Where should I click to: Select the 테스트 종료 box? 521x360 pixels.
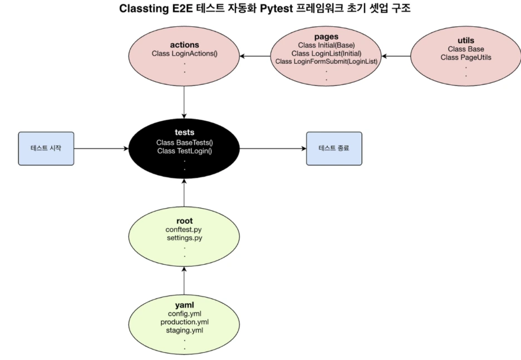(334, 149)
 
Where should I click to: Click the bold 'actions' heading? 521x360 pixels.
(184, 45)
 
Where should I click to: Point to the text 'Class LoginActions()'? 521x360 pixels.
(184, 53)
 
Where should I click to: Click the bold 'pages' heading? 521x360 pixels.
(326, 37)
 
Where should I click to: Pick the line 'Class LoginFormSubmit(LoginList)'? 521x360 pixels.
(327, 61)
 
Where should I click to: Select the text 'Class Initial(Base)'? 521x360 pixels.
(327, 45)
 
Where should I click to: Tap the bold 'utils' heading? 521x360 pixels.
(465, 41)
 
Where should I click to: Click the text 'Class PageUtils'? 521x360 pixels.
(465, 57)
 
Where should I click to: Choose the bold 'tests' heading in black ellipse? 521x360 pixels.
(184, 132)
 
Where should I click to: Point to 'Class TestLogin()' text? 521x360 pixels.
(185, 151)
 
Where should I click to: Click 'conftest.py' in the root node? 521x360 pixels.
(184, 229)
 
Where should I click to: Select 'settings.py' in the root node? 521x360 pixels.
(184, 238)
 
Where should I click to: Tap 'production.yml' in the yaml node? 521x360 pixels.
(184, 322)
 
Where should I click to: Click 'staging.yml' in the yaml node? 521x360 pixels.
(184, 330)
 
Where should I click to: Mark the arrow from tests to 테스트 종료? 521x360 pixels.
(273, 149)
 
